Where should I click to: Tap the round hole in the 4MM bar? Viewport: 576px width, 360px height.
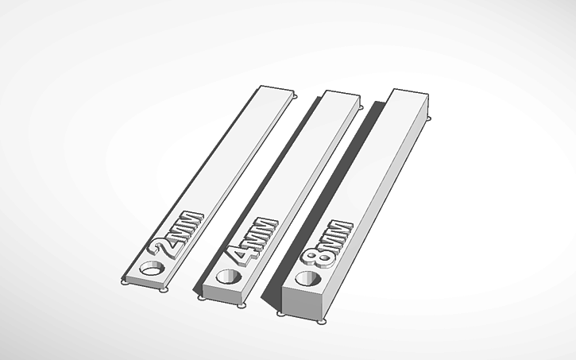(x=230, y=278)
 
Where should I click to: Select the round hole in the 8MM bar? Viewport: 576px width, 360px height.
(x=307, y=279)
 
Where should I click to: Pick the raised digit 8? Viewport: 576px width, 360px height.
(x=315, y=256)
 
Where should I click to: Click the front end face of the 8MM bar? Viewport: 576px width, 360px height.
(x=303, y=304)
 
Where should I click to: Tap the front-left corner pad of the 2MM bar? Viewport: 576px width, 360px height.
(x=123, y=281)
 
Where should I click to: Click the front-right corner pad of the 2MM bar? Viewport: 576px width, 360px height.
(x=164, y=290)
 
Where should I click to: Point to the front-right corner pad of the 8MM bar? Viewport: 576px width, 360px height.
(x=321, y=322)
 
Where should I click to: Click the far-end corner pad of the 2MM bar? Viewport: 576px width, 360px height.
(x=295, y=97)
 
